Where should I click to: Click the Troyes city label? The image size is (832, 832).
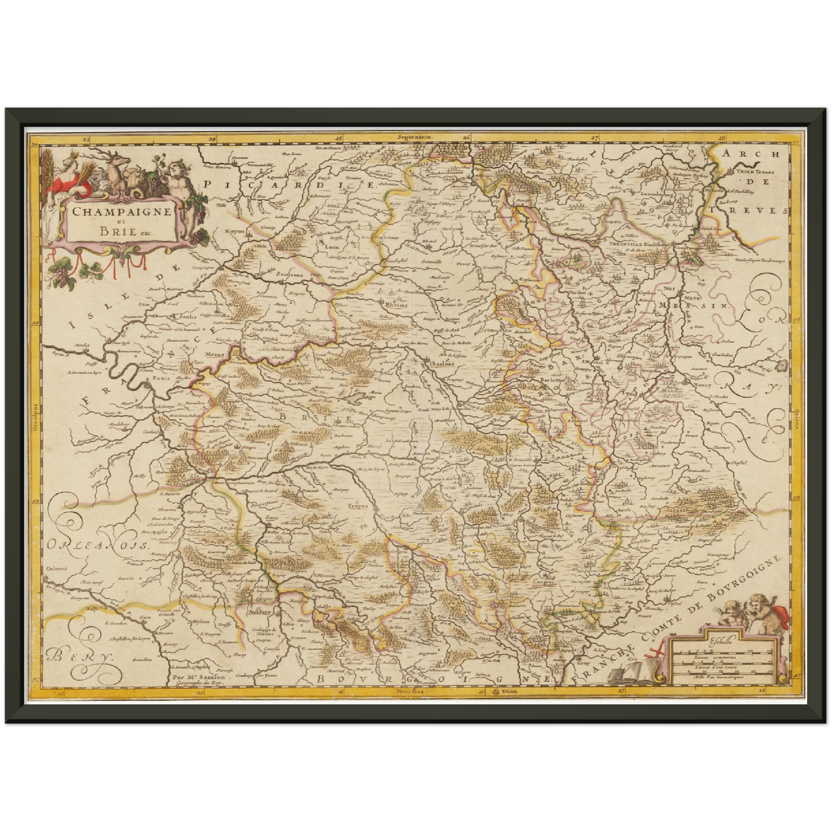[357, 507]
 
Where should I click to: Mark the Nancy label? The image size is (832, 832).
[702, 383]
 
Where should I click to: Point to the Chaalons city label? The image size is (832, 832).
[442, 363]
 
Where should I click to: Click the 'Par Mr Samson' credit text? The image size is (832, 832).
[199, 677]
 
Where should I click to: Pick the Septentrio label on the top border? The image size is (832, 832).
[414, 138]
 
